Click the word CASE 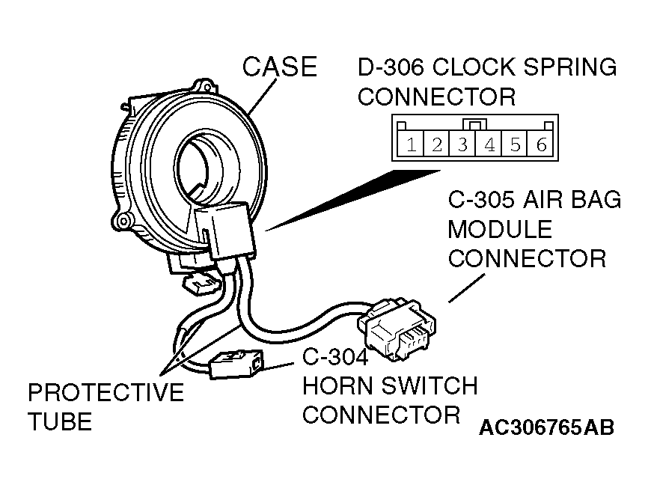[x=280, y=67]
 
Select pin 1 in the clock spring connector [x=412, y=144]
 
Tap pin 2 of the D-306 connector [x=437, y=144]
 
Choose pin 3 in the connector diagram [x=463, y=144]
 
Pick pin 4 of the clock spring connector [x=489, y=144]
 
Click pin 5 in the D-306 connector [x=516, y=144]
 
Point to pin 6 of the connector [x=541, y=144]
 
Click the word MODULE [x=499, y=230]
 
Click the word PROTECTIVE [x=106, y=392]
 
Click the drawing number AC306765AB [x=546, y=427]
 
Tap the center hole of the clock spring [x=202, y=161]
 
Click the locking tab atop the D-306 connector [x=475, y=124]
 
